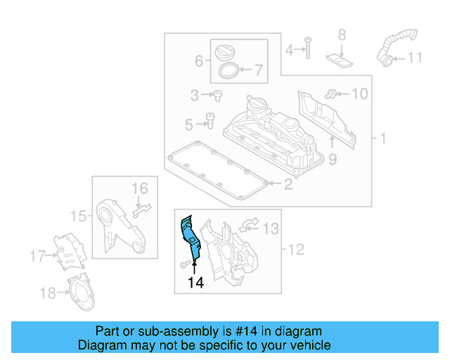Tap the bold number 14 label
195,283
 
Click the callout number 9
333,160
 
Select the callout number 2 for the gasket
288,185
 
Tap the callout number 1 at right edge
382,139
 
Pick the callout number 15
81,215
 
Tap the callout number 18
47,292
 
